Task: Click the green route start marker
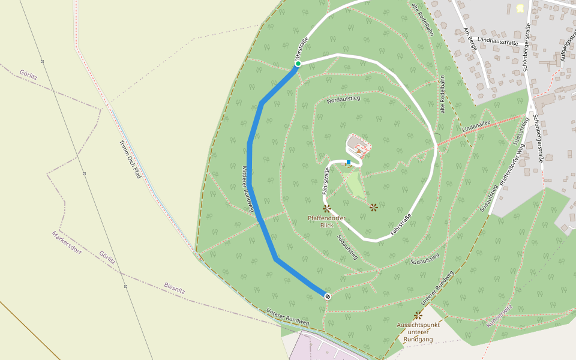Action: pyautogui.click(x=298, y=63)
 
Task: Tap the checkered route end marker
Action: pyautogui.click(x=328, y=296)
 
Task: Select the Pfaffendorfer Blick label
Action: pyautogui.click(x=326, y=221)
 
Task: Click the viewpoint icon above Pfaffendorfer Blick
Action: pyautogui.click(x=327, y=208)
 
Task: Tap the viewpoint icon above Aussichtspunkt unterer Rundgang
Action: pyautogui.click(x=418, y=315)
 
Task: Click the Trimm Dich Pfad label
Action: pyautogui.click(x=130, y=160)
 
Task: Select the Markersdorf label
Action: pyautogui.click(x=67, y=242)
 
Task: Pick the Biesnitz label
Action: pyautogui.click(x=175, y=287)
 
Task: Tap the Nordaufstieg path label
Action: pyautogui.click(x=343, y=99)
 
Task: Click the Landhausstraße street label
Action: pyautogui.click(x=498, y=41)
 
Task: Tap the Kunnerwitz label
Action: pyautogui.click(x=499, y=317)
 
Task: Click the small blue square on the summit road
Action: pyautogui.click(x=349, y=162)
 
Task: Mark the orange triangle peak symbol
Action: pyautogui.click(x=359, y=152)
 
